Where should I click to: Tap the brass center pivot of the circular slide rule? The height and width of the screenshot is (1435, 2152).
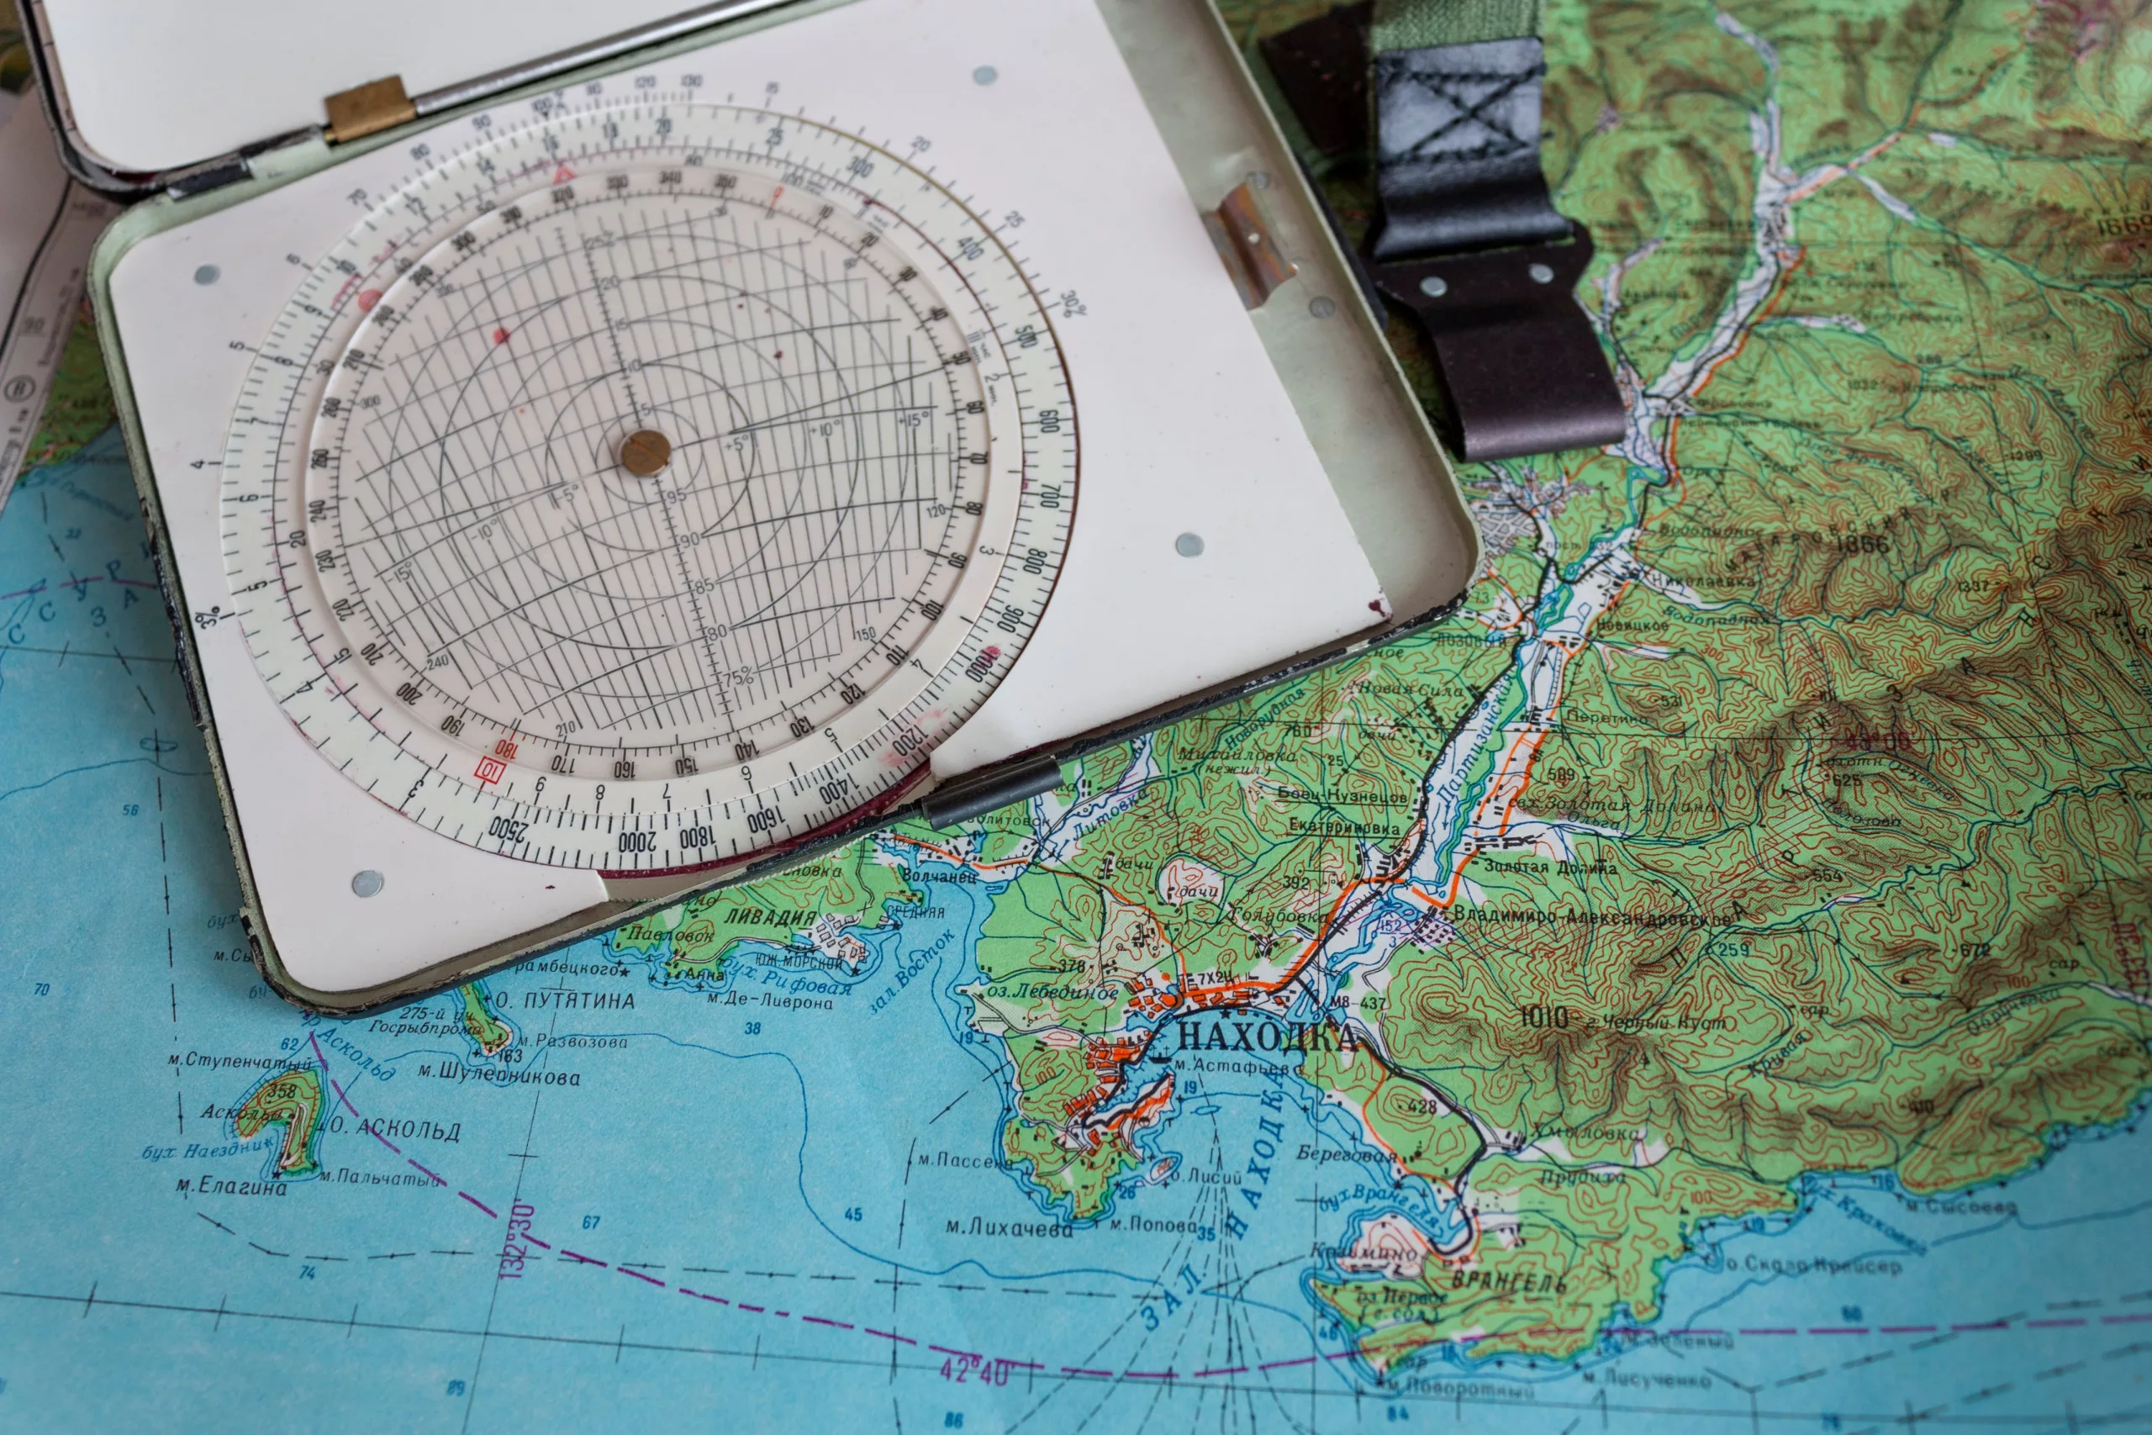645,452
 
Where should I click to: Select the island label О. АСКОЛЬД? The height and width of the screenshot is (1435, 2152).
395,1127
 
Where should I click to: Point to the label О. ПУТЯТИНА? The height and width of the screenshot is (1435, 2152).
566,1001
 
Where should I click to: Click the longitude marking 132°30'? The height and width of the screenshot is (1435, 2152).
519,1239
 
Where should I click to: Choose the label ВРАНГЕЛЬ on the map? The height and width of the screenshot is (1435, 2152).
1509,1282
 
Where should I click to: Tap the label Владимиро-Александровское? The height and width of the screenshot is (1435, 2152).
1592,916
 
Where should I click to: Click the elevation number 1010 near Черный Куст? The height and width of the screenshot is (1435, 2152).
1543,1016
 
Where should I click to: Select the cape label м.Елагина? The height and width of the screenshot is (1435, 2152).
231,1187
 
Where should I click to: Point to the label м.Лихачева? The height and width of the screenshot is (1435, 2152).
1008,1227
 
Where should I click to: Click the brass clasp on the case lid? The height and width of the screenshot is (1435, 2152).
369,110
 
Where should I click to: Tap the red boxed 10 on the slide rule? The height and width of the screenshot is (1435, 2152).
490,770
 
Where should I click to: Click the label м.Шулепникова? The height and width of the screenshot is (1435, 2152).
499,1075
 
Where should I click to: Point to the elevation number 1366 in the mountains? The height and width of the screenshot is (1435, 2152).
1862,544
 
